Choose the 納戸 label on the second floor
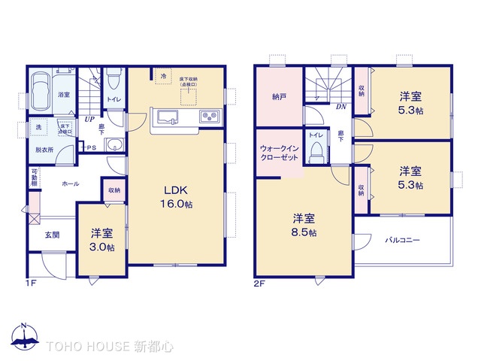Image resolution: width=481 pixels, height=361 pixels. [279, 96]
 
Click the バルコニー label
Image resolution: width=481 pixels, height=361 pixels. [403, 241]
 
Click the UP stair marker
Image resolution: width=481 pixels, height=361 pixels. [89, 119]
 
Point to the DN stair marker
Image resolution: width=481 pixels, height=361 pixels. [340, 107]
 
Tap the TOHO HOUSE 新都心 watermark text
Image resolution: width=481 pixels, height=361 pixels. [110, 347]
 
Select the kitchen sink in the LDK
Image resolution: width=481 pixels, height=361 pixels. [166, 117]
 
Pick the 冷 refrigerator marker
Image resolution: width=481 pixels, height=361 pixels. [162, 77]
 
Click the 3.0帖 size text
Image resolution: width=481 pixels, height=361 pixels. [102, 247]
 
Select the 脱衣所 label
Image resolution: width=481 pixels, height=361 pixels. [45, 150]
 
